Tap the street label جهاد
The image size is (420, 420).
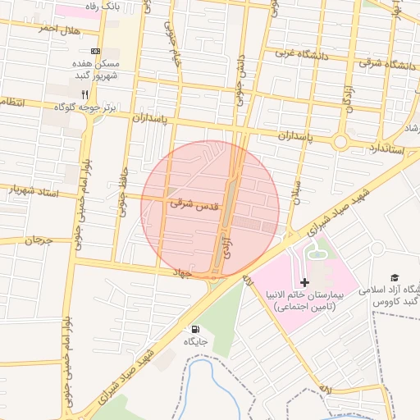tap(181, 271)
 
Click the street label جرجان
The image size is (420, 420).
tap(38, 241)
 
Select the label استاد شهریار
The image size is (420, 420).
tap(35, 190)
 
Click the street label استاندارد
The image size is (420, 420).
tap(383, 148)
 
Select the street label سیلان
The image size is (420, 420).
tap(297, 191)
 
